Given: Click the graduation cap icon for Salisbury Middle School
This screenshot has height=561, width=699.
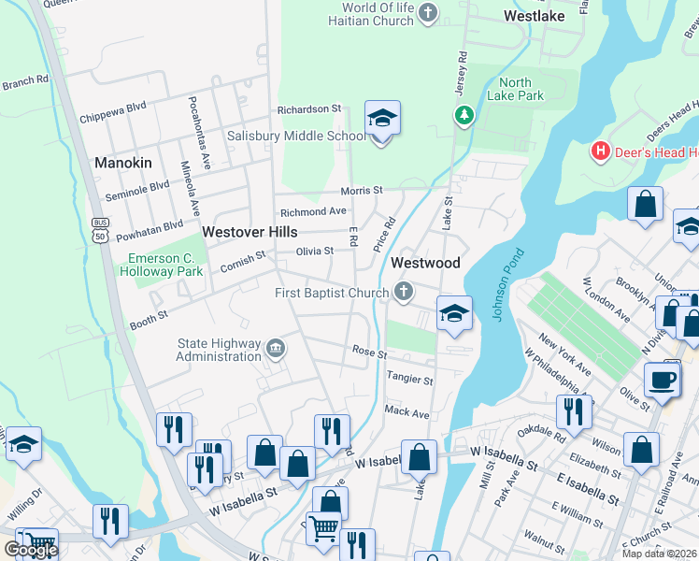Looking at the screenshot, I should point(382,119).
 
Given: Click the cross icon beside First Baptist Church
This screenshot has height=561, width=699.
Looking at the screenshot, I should point(404,293).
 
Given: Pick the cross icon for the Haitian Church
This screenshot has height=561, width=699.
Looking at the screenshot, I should point(428,13).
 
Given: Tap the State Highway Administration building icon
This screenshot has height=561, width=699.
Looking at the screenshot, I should point(276,349).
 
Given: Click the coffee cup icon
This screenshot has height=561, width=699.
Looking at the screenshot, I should point(663,380).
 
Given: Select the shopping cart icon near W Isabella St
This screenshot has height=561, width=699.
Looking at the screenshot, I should point(323,528).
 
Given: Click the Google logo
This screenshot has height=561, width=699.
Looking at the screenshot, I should point(30,550).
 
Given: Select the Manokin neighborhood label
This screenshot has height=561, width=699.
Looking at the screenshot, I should point(122,163).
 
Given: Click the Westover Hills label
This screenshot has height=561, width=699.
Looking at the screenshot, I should point(250,231).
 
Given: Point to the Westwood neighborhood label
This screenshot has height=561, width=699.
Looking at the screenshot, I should point(425,263).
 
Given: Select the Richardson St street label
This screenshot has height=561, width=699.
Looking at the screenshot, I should point(308,109).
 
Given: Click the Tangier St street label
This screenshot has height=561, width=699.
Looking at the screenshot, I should point(409,381).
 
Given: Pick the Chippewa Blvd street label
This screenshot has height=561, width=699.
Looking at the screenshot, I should point(113,119).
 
